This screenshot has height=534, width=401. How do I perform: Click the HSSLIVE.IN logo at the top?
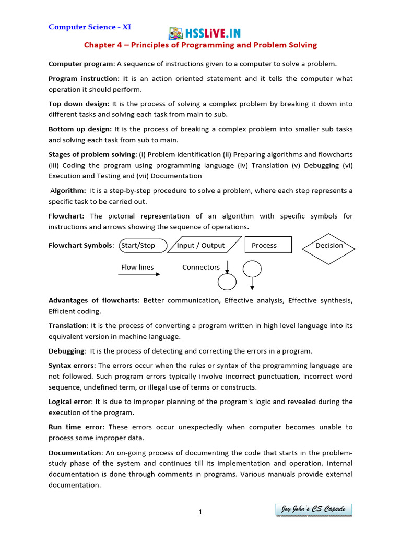[x=204, y=33]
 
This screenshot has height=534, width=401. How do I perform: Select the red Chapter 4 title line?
[x=200, y=45]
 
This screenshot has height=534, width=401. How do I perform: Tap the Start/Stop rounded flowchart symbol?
[x=144, y=246]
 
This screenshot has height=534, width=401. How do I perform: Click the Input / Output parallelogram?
[x=204, y=246]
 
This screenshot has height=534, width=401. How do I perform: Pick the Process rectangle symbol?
[x=268, y=246]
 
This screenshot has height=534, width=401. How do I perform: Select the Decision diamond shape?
[x=329, y=246]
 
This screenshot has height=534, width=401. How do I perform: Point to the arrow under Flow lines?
[x=139, y=274]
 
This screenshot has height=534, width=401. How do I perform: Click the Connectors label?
[x=201, y=267]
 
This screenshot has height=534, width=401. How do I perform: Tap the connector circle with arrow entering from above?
[x=227, y=282]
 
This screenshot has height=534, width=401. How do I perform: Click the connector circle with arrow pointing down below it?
[x=252, y=269]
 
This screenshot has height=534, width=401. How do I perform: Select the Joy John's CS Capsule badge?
[x=313, y=509]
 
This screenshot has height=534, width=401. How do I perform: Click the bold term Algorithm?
[x=68, y=191]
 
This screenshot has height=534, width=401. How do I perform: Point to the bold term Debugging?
[x=66, y=351]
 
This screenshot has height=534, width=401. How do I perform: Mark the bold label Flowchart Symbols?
[x=80, y=246]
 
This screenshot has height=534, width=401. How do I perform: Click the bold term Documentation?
[x=75, y=452]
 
